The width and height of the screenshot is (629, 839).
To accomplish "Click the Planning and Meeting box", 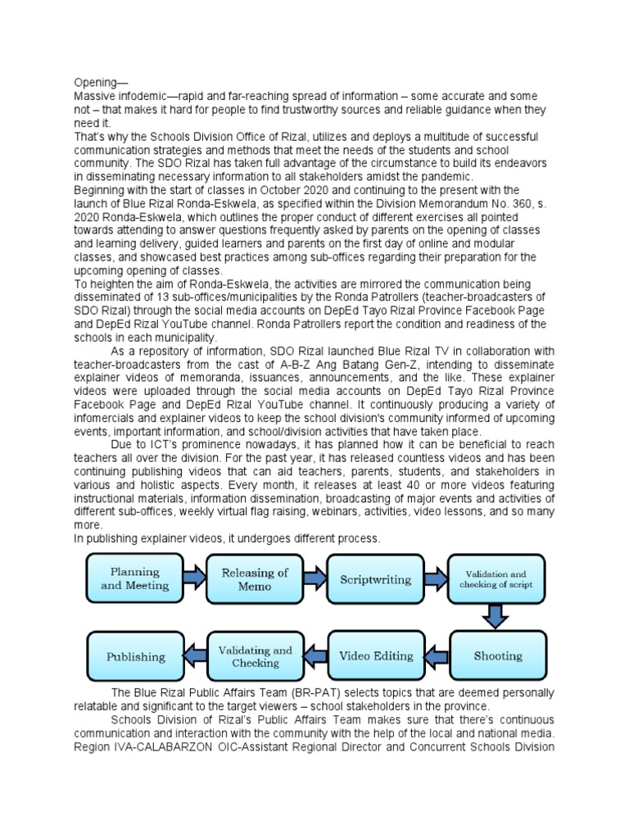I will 135,579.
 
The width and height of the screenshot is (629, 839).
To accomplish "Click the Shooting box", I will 498,655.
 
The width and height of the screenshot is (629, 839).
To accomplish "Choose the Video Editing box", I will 376,655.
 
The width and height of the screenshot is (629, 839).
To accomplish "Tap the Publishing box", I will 135,656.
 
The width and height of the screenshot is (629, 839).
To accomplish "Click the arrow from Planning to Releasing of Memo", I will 195,578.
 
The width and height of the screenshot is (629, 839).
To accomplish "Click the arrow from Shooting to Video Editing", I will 437,655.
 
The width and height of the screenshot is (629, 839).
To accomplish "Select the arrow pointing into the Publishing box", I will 195,655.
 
